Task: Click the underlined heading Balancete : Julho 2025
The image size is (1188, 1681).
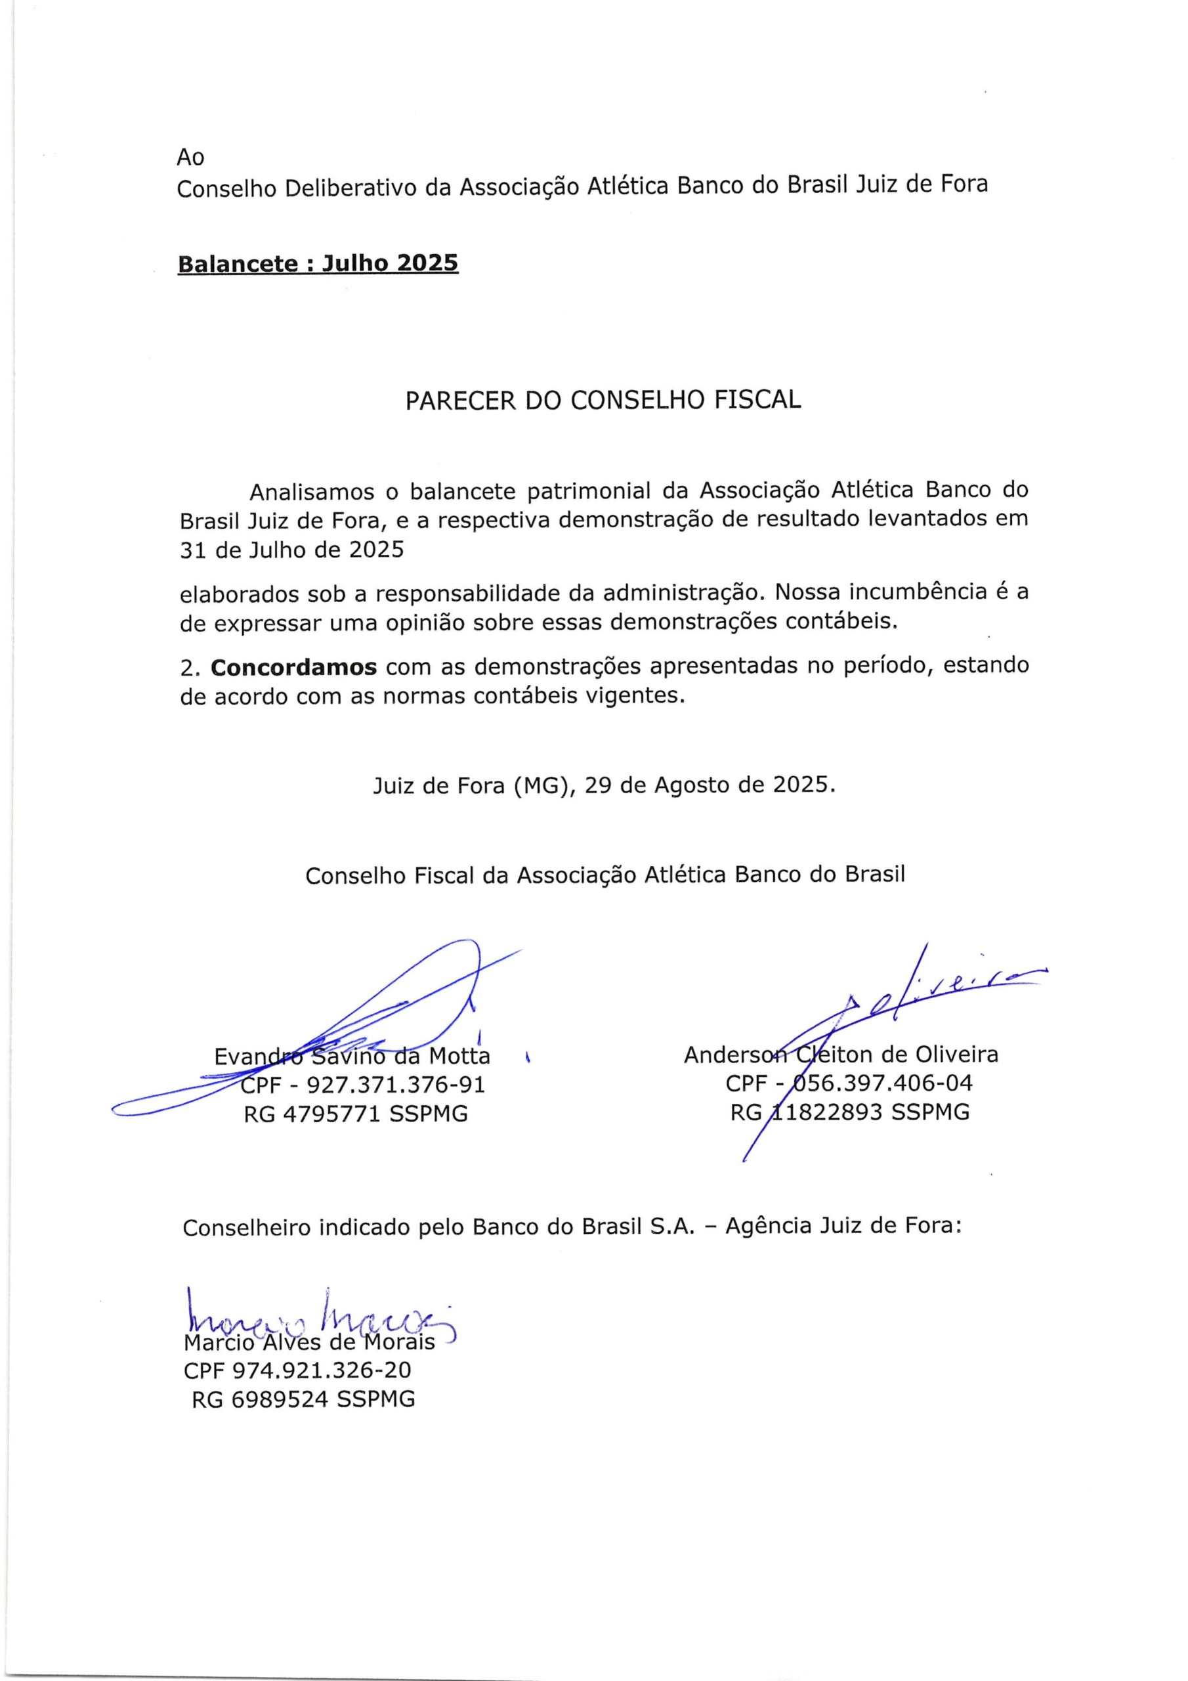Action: (x=318, y=263)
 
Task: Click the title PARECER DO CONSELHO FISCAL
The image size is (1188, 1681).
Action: (x=603, y=400)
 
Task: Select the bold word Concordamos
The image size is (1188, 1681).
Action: (x=293, y=667)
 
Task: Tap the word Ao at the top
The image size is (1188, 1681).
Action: (x=190, y=158)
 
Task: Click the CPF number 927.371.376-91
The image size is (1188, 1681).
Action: (x=395, y=1084)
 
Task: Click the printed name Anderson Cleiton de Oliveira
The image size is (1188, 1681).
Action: (x=840, y=1055)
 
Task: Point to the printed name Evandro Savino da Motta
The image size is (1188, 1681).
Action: (x=351, y=1057)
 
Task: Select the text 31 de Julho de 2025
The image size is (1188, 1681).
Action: (x=291, y=550)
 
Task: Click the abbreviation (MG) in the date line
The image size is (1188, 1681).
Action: (x=536, y=785)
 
